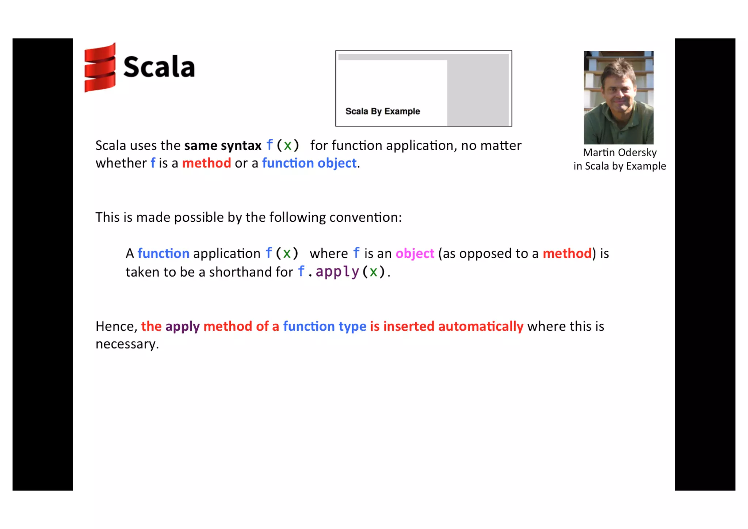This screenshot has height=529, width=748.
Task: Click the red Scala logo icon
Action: [100, 68]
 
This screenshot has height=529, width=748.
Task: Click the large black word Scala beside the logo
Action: [159, 67]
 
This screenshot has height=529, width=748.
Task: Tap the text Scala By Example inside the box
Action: [382, 111]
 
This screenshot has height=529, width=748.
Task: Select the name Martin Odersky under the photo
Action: [619, 152]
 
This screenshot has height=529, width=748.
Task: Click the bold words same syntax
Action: [223, 146]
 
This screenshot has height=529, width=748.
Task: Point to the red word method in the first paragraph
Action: [206, 163]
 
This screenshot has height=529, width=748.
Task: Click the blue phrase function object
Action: [309, 163]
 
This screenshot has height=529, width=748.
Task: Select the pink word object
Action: [415, 254]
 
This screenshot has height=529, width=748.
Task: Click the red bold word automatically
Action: [481, 326]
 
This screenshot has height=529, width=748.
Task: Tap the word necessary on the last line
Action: [126, 344]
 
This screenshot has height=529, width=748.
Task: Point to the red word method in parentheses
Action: [567, 254]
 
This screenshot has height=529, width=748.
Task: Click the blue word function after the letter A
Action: [163, 254]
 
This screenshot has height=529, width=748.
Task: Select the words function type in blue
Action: [324, 326]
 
